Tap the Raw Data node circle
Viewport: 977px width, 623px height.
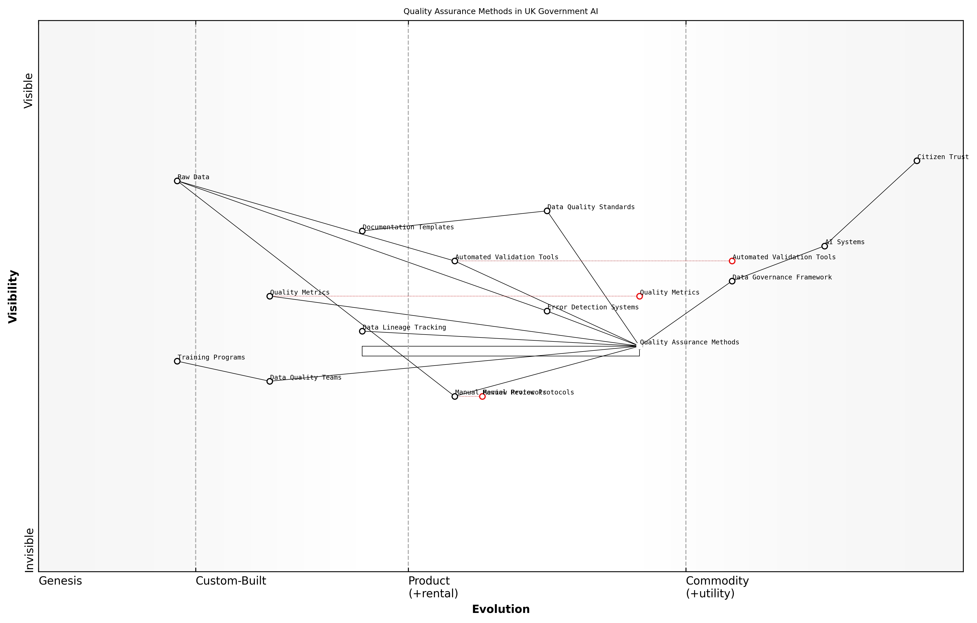177,181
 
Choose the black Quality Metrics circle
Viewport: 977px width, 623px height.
270,296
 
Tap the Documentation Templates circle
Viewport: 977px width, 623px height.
362,231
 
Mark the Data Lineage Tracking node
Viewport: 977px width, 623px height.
362,331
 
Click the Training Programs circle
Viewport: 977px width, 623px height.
177,361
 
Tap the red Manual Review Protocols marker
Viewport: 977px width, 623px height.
483,397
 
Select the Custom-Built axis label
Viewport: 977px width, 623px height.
231,581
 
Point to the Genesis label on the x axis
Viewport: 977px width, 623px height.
60,581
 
